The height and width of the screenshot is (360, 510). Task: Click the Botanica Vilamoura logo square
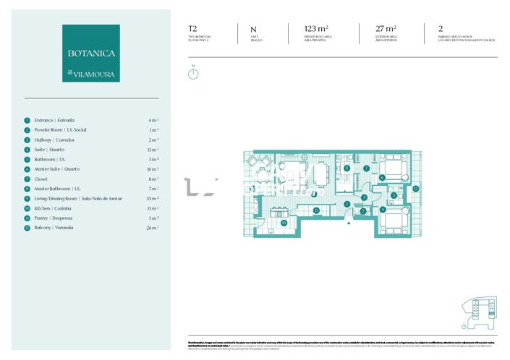coord(91,53)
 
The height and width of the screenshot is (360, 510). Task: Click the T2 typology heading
coord(192,29)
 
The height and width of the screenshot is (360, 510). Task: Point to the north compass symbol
coord(193,73)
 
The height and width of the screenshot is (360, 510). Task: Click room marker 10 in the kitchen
coord(284,223)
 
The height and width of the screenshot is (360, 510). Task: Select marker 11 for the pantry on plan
coord(316,210)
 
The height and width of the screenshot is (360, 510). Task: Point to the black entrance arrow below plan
coord(349,223)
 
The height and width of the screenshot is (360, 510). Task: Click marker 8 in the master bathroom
coord(347,168)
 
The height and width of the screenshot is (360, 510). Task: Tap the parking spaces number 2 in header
coord(441,29)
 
